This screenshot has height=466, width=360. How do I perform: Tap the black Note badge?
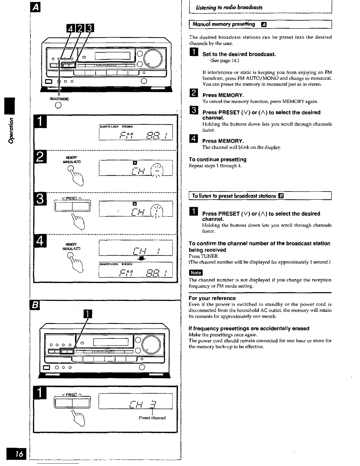coord(196,273)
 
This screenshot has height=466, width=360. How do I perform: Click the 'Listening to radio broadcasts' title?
coord(227,7)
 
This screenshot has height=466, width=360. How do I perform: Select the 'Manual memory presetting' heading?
coord(224,24)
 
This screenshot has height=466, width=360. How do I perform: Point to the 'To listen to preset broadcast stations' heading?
coord(234,196)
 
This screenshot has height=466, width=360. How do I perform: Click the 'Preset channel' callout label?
coord(152,418)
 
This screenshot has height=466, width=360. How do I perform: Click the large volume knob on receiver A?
coord(152,58)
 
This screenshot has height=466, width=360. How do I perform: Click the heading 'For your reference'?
coord(212,298)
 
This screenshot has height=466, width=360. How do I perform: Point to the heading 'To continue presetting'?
coord(218,160)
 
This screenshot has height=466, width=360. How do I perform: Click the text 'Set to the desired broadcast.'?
coord(239,54)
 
